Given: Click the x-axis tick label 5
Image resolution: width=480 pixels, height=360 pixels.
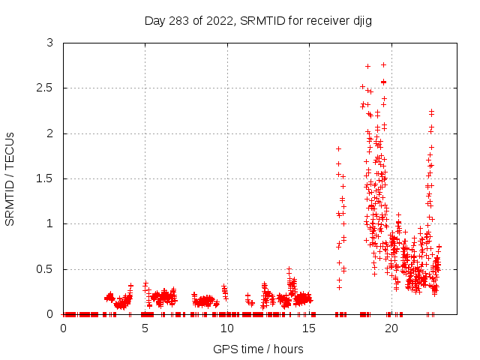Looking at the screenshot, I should click(x=145, y=328).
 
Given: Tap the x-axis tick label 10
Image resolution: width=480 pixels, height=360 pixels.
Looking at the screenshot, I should click(x=227, y=328).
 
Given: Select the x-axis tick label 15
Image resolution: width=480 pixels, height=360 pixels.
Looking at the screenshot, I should click(x=310, y=328).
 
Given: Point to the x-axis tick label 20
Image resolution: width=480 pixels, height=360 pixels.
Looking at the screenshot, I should click(x=391, y=328).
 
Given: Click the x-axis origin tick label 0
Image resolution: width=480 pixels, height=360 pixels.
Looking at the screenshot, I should click(x=63, y=328).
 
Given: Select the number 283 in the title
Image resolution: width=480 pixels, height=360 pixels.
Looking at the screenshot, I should click(x=177, y=20).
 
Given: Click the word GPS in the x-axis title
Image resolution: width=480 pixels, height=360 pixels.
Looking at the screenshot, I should click(x=224, y=349).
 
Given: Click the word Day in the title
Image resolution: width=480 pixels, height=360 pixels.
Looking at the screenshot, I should click(x=155, y=20).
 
